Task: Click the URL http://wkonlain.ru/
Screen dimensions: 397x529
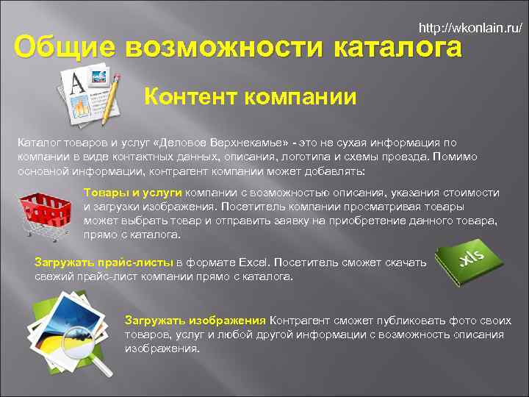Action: (470, 29)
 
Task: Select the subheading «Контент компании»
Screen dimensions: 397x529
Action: (250, 96)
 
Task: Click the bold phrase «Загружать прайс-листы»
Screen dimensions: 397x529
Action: (104, 262)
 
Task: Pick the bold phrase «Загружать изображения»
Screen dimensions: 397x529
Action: (195, 321)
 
